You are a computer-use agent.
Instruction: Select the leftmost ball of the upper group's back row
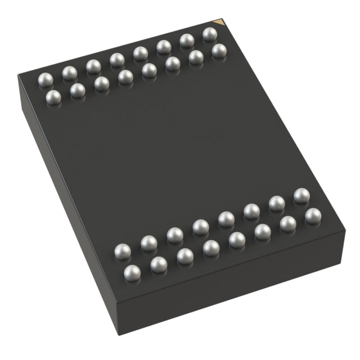pyautogui.click(x=45, y=79)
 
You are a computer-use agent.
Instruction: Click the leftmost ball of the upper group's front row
pyautogui.click(x=53, y=97)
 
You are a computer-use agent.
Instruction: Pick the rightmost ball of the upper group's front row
pyautogui.click(x=219, y=51)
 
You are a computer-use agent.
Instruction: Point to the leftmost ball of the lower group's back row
pyautogui.click(x=122, y=251)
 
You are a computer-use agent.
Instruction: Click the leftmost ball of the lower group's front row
pyautogui.click(x=132, y=273)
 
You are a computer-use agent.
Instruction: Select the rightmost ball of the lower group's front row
pyautogui.click(x=313, y=216)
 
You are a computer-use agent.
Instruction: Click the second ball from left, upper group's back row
pyautogui.click(x=69, y=73)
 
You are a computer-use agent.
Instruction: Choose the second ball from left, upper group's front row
pyautogui.click(x=78, y=91)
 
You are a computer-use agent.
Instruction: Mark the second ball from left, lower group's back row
pyautogui.click(x=148, y=244)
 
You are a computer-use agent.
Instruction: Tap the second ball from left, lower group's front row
pyautogui.click(x=159, y=265)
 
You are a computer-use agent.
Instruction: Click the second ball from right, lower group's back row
pyautogui.click(x=276, y=204)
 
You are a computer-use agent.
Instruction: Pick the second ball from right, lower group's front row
pyautogui.click(x=288, y=224)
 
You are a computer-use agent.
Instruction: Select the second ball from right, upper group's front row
pyautogui.click(x=196, y=57)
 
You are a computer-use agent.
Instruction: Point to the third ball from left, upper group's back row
pyautogui.click(x=93, y=66)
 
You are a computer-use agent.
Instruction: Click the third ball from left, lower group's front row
pyautogui.click(x=185, y=256)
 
